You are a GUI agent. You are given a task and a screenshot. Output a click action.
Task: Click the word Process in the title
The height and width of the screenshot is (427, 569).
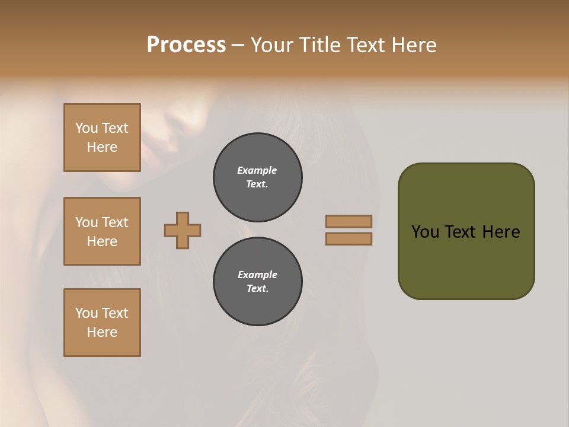tap(186, 45)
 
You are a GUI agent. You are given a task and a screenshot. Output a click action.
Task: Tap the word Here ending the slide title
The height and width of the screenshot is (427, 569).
tap(413, 45)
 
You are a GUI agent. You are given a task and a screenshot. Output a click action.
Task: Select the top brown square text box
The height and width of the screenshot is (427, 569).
tap(102, 138)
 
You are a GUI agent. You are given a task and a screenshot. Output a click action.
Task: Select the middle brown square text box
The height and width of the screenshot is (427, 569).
tap(102, 231)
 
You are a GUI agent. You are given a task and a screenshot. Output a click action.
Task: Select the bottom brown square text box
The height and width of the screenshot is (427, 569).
tap(102, 323)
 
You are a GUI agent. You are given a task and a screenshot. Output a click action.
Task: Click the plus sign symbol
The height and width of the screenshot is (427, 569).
tap(183, 230)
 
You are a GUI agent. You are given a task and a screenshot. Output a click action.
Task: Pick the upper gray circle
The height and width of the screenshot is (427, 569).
tap(258, 177)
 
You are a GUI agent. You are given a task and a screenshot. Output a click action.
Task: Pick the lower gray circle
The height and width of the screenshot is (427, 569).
tap(258, 282)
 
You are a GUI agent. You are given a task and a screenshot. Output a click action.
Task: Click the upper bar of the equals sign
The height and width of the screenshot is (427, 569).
tap(349, 221)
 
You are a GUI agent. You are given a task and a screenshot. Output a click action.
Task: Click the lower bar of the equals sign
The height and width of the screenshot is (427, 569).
tap(349, 238)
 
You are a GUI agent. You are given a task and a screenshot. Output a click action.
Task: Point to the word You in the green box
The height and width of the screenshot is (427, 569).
tap(425, 232)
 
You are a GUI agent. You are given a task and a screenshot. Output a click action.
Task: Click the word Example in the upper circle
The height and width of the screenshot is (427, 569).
tap(257, 170)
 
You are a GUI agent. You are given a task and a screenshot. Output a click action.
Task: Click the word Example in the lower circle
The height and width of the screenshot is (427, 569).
tap(257, 275)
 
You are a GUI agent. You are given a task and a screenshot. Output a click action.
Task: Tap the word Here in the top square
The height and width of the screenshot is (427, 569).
tap(102, 147)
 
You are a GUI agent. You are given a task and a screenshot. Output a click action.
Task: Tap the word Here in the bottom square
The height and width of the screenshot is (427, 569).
tap(102, 332)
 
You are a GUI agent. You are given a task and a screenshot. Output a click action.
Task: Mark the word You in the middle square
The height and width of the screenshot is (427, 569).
tap(87, 222)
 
